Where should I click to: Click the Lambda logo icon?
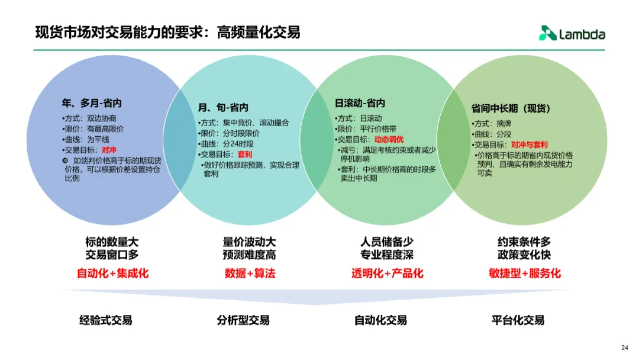pyautogui.click(x=547, y=34)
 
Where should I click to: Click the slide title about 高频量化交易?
pyautogui.click(x=167, y=32)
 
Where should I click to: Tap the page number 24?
pyautogui.click(x=625, y=348)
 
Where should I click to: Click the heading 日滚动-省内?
pyautogui.click(x=360, y=103)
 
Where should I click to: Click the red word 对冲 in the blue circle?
pyautogui.click(x=109, y=150)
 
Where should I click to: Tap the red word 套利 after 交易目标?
pyautogui.click(x=244, y=155)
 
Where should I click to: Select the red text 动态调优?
pyautogui.click(x=389, y=140)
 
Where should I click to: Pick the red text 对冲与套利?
pyautogui.click(x=530, y=144)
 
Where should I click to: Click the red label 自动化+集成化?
pyautogui.click(x=112, y=274)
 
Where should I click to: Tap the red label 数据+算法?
pyautogui.click(x=250, y=274)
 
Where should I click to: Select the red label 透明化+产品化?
pyautogui.click(x=388, y=274)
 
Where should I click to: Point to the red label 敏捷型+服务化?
pyautogui.click(x=525, y=274)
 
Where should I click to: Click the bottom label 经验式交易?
pyautogui.click(x=106, y=320)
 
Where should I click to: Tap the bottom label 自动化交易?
pyautogui.click(x=380, y=320)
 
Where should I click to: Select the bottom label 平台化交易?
pyautogui.click(x=518, y=320)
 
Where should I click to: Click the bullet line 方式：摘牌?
pyautogui.click(x=492, y=124)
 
